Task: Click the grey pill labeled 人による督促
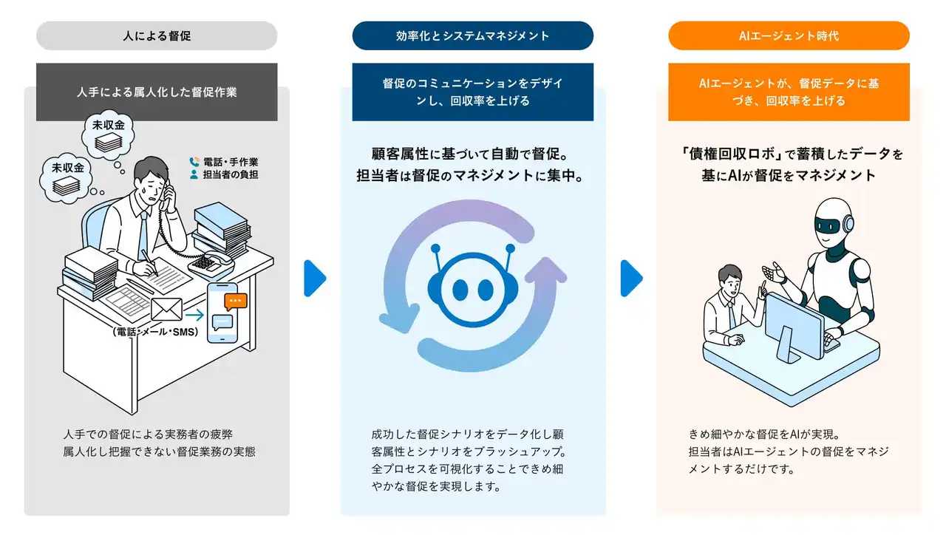tap(157, 35)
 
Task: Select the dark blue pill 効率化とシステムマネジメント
tap(472, 35)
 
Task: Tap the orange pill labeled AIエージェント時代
tap(789, 35)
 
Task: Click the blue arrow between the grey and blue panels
tap(314, 278)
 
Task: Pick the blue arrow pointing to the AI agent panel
tap(630, 278)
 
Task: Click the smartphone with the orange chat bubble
tap(228, 313)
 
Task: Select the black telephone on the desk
tap(210, 260)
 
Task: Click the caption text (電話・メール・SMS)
tap(156, 332)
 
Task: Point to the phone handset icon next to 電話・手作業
tap(194, 162)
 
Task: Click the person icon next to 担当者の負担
tap(194, 175)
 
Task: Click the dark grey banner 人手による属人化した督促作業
tap(157, 92)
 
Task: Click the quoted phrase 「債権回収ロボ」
tap(727, 154)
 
